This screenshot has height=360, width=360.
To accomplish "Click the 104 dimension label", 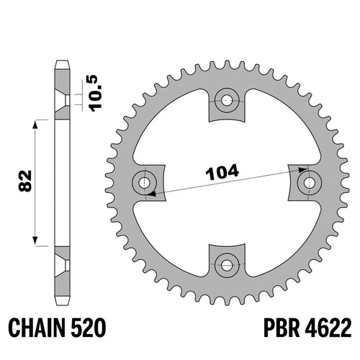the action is click(222, 172).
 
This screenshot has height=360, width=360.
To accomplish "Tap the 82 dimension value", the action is click(25, 181).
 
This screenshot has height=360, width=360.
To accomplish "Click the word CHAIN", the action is click(37, 328).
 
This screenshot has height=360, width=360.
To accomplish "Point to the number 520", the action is click(88, 328).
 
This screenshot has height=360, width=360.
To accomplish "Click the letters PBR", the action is click(282, 328).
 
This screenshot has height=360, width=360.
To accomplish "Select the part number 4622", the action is click(328, 328).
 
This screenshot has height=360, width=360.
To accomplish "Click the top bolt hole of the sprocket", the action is click(227, 100).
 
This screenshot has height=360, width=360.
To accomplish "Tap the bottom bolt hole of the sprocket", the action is click(227, 265).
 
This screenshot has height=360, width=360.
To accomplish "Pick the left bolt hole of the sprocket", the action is click(145, 183).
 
